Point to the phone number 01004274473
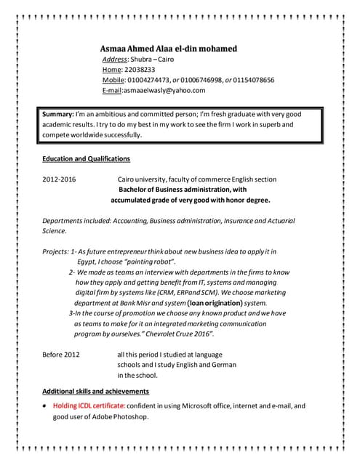150,80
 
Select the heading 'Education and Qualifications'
86,158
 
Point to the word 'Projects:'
58,251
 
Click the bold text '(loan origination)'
214,302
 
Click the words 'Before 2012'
61,355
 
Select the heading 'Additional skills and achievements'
95,391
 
